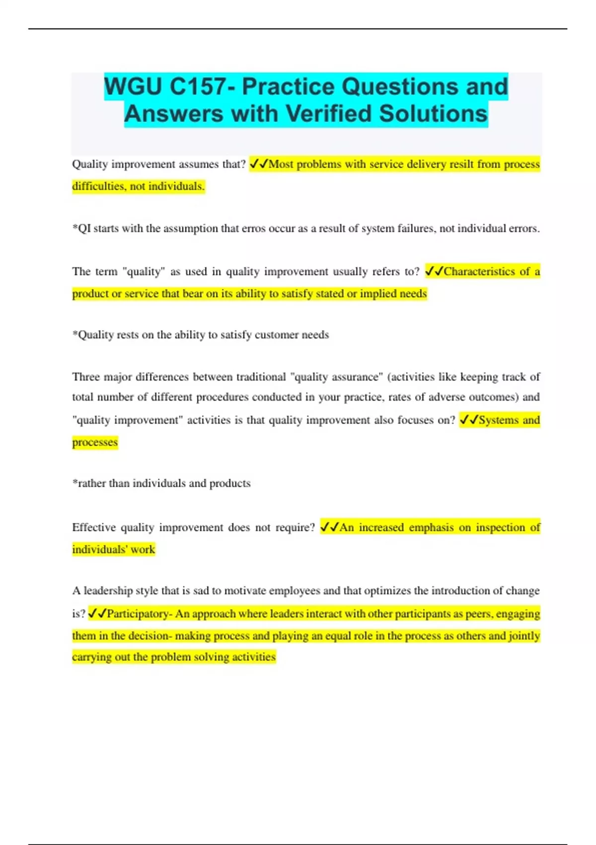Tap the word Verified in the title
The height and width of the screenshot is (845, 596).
click(x=328, y=114)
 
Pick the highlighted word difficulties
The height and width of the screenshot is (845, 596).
click(x=99, y=186)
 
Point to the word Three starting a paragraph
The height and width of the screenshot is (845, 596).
click(x=86, y=377)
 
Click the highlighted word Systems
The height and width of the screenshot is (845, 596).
click(x=498, y=420)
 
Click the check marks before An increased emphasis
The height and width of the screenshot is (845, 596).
click(x=329, y=527)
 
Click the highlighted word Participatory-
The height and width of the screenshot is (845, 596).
click(x=140, y=614)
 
